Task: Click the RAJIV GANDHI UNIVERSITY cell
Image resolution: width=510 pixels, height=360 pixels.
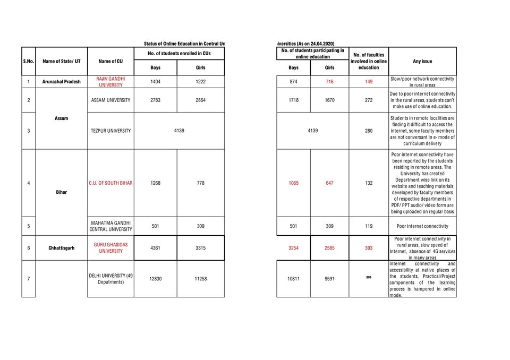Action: coord(110,82)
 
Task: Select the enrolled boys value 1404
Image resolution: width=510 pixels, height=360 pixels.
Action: coord(155,82)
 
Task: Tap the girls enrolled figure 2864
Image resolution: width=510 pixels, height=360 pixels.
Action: coord(200,100)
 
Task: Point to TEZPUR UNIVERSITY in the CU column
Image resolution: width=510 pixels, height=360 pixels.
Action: coord(110,131)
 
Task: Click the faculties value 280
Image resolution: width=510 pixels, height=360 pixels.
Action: coord(369,131)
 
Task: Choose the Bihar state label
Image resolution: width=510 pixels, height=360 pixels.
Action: coord(62,192)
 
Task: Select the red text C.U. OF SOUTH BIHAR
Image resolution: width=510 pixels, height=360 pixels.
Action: coord(110,183)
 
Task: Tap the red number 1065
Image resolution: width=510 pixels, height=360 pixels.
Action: coord(293,183)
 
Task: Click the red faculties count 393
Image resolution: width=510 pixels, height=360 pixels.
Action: coord(369,248)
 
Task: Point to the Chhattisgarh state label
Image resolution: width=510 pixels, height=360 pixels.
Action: coord(62,248)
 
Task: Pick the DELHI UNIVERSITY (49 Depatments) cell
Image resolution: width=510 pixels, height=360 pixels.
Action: coord(110,279)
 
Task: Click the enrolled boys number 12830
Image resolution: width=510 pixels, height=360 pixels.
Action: coord(155,279)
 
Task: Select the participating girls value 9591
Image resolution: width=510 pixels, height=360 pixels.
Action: coord(329,279)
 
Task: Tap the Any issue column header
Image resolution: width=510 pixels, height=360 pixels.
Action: coord(422,61)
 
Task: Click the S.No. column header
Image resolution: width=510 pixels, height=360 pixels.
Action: coord(29,61)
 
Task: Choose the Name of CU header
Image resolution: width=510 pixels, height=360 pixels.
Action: coord(110,61)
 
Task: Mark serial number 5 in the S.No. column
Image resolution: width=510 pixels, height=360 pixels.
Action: coord(28,226)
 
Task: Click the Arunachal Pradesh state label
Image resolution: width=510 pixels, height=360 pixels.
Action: coord(62,82)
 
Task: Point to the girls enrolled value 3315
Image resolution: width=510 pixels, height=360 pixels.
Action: coord(200,248)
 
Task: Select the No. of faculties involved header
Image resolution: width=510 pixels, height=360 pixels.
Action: coord(369,61)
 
